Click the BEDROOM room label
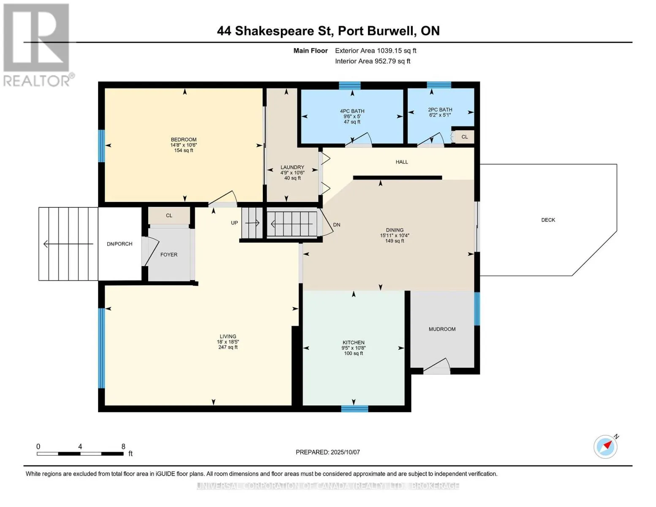click(x=184, y=139)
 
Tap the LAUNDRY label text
click(x=292, y=167)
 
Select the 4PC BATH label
click(x=352, y=111)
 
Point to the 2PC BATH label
click(x=440, y=110)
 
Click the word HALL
click(x=402, y=162)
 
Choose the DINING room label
click(x=395, y=230)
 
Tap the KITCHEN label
click(x=354, y=342)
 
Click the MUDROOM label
click(x=442, y=329)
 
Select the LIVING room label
click(x=228, y=336)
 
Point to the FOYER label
click(x=169, y=255)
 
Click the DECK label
click(x=548, y=220)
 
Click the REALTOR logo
click(x=38, y=45)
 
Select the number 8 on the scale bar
click(x=123, y=446)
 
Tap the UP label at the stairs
click(x=234, y=223)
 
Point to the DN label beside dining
click(x=337, y=225)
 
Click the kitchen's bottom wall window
click(x=354, y=409)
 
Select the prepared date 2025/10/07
click(x=345, y=452)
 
